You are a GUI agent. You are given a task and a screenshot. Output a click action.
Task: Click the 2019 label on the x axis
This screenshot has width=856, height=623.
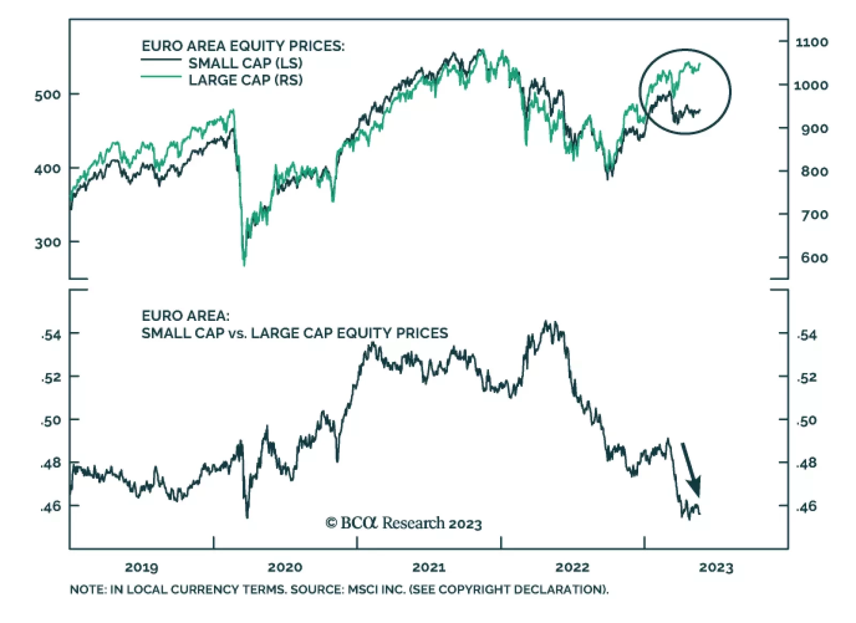tap(141, 567)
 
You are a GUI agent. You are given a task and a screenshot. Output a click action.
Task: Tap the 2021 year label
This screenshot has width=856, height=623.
tap(429, 567)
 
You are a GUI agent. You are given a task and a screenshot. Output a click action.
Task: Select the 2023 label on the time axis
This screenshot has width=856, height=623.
tap(716, 567)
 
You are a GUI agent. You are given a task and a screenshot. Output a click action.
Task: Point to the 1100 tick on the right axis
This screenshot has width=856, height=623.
tap(812, 42)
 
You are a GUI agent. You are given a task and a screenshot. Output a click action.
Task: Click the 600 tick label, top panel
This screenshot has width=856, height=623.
tap(814, 258)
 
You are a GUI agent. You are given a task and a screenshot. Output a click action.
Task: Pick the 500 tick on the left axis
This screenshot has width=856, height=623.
tap(48, 95)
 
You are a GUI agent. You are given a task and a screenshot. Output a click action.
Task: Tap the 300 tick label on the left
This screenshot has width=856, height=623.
tap(48, 243)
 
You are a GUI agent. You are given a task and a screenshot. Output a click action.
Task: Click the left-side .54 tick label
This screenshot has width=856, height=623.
tap(51, 335)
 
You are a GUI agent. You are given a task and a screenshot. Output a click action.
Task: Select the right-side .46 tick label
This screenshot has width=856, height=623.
tap(807, 506)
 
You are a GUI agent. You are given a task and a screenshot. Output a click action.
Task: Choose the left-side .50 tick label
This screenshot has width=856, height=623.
tap(51, 421)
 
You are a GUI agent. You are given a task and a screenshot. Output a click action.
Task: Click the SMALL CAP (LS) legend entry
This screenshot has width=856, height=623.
tap(245, 63)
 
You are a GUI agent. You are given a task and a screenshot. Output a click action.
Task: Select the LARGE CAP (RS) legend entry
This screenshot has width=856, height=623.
tap(246, 80)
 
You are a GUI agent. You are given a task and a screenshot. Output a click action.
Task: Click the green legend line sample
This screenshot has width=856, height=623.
tap(161, 77)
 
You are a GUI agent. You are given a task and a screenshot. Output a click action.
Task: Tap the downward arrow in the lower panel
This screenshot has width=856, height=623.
tap(691, 469)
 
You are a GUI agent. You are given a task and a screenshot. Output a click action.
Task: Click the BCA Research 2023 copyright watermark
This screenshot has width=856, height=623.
tap(403, 523)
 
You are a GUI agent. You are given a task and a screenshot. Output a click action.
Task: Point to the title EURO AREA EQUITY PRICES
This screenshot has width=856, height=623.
tap(243, 46)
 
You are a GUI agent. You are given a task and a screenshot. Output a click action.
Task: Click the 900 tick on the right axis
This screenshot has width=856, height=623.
tap(814, 128)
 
